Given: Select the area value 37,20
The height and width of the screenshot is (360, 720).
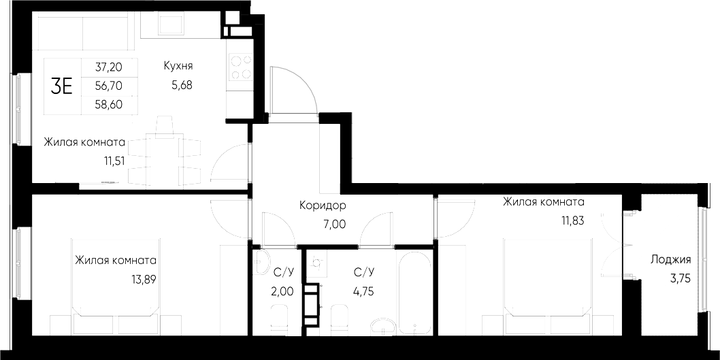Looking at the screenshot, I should tap(109, 67).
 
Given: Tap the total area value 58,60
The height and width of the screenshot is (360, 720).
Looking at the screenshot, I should tap(109, 107).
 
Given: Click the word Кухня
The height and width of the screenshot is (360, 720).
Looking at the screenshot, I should tap(178, 66).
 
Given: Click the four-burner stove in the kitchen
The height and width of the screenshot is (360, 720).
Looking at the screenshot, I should tap(240, 67).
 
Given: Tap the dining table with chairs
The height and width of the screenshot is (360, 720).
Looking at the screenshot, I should tap(164, 156).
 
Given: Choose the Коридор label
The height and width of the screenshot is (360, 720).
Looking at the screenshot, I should tap(323, 205).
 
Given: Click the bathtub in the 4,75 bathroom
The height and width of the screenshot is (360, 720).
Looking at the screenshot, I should tap(414, 294).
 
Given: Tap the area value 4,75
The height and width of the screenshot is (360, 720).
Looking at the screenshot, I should tap(364, 291).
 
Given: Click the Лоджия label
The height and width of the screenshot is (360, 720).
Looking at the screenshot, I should tap(670, 259).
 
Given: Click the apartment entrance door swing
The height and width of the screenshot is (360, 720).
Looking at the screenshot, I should tap(293, 92).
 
